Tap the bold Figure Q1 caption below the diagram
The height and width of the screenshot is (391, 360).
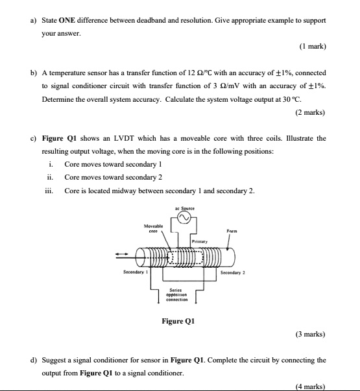coord(178,322)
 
